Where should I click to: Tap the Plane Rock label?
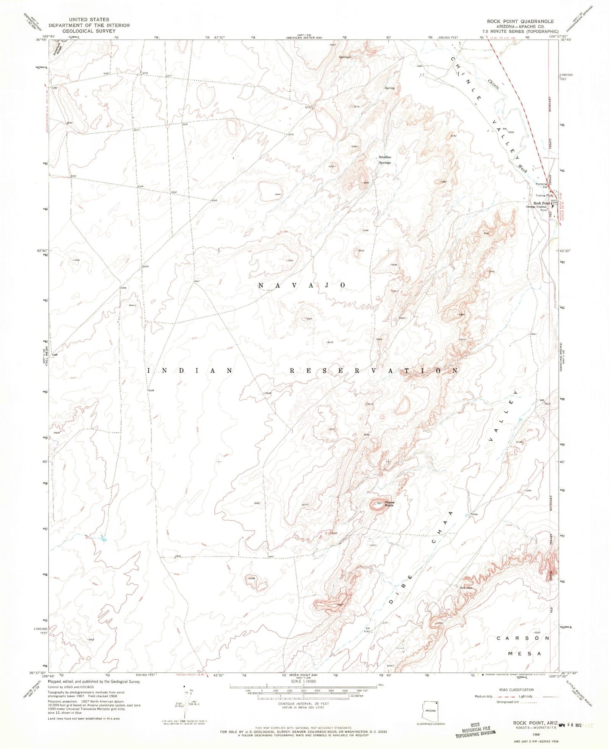tap(389, 504)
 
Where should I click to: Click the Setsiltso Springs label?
tap(385, 160)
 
